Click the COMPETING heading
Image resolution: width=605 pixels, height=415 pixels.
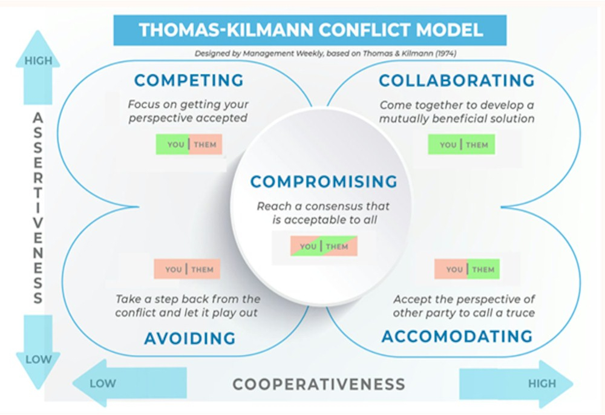click(x=189, y=80)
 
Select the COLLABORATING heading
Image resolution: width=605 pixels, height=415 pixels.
click(x=457, y=80)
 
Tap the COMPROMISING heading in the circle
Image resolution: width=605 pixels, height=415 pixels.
click(x=324, y=181)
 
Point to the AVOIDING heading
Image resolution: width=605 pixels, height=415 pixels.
click(x=189, y=338)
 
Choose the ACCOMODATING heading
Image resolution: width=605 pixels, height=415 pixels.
click(x=457, y=336)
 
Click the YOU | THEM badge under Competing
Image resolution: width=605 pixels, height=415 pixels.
click(x=189, y=145)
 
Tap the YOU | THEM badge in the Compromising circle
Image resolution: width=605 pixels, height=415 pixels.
click(x=324, y=246)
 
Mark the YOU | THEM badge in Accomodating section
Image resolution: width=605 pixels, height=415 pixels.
click(x=467, y=269)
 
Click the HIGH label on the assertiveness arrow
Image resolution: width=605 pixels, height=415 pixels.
click(x=38, y=61)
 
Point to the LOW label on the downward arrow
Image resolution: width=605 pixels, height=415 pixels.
click(x=38, y=359)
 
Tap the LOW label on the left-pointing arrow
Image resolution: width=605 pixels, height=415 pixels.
click(x=103, y=383)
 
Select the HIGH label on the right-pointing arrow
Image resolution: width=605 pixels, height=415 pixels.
click(x=541, y=383)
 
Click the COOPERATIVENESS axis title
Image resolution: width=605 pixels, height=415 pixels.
click(x=319, y=384)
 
